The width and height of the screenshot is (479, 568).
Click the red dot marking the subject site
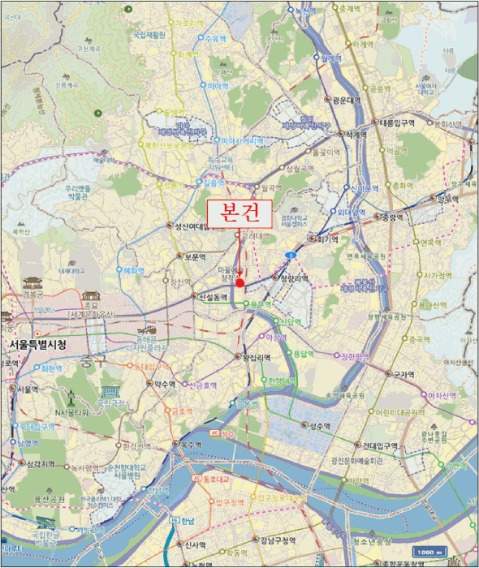[x=239, y=282]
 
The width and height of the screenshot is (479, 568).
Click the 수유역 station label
[x=214, y=38]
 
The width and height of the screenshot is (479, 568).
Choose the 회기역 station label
[x=327, y=239]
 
